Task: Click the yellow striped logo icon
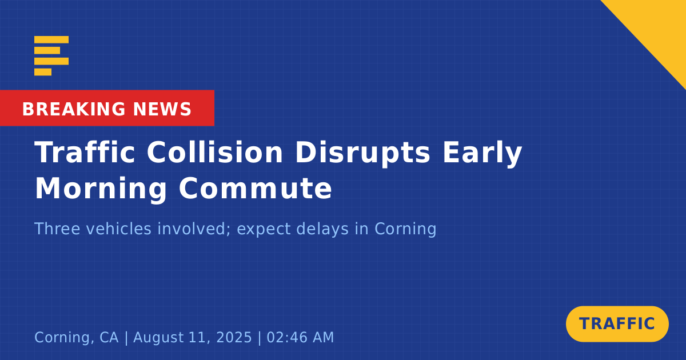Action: (51, 56)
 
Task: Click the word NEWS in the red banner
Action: (162, 109)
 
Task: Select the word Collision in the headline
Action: (215, 152)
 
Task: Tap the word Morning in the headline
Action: (101, 190)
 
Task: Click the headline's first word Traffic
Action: (85, 152)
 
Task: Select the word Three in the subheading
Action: (57, 229)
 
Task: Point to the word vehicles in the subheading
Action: (118, 229)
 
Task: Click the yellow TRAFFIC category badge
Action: (617, 324)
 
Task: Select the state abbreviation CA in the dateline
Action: (109, 337)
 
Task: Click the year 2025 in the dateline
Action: (234, 337)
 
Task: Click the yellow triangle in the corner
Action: (659, 27)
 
